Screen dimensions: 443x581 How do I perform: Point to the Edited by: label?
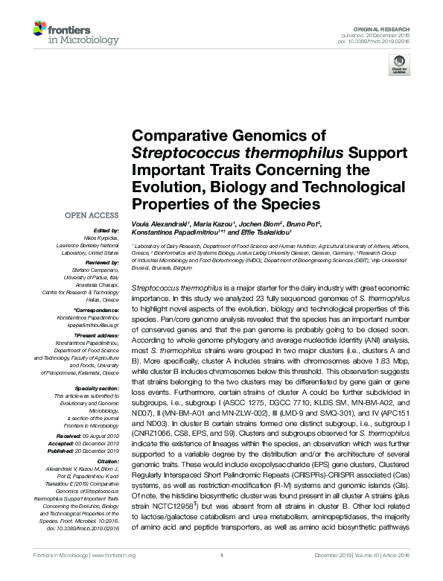click(x=105, y=231)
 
